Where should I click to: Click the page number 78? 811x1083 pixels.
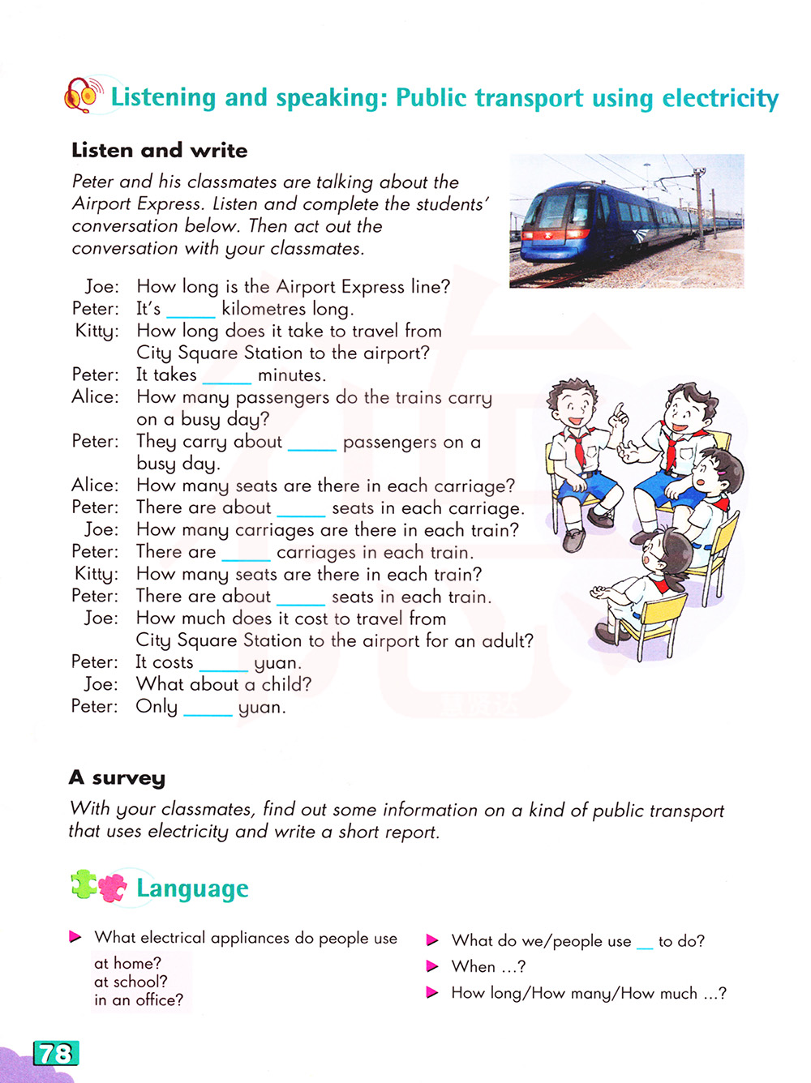coord(55,1053)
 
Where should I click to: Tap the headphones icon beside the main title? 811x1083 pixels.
coord(83,95)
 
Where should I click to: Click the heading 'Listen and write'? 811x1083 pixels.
coord(160,150)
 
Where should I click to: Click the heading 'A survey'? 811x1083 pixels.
coord(118,777)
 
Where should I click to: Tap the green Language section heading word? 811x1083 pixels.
coord(192,888)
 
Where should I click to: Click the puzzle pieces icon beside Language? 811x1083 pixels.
coord(99,886)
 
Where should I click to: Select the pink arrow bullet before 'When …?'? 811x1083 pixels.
coord(432,966)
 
